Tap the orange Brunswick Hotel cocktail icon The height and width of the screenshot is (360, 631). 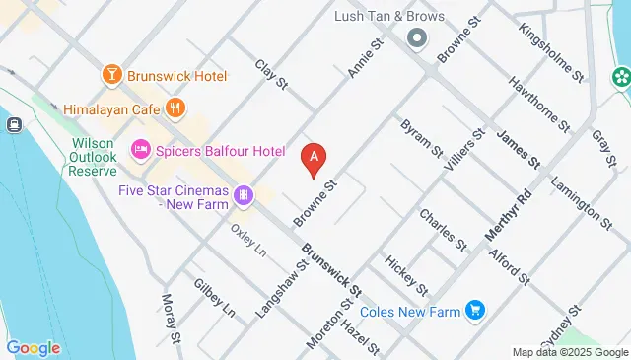[x=111, y=75]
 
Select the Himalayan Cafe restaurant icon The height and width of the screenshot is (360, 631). [x=175, y=108]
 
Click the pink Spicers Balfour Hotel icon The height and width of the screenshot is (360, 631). [x=140, y=151]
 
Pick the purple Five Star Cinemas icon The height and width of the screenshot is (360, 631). [x=243, y=196]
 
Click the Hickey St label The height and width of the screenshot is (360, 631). [x=407, y=275]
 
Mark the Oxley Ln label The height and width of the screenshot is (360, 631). [x=248, y=241]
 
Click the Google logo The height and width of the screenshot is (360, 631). [x=34, y=347]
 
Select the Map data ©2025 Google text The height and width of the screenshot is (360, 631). [x=569, y=352]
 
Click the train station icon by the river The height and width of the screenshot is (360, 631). [x=14, y=125]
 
